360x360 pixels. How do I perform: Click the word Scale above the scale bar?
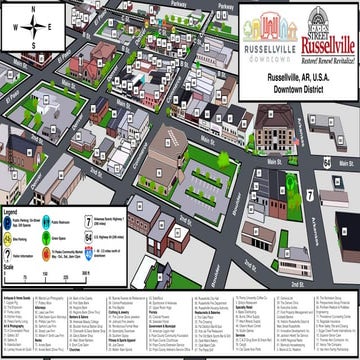click(9, 267)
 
